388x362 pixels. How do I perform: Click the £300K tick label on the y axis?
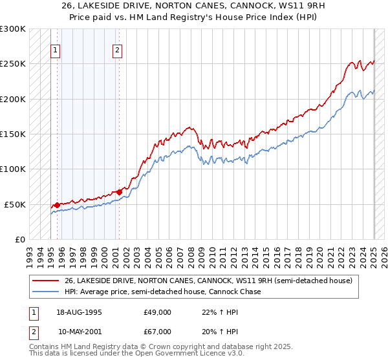point(12,29)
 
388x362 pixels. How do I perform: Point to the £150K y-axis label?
point(12,134)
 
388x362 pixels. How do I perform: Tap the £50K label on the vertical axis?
point(15,204)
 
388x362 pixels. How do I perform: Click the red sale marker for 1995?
point(57,205)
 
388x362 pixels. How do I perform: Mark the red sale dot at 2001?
point(118,192)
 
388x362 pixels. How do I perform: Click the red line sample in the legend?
point(46,281)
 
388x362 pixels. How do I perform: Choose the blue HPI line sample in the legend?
point(46,292)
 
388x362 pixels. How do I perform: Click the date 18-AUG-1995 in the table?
point(79,312)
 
